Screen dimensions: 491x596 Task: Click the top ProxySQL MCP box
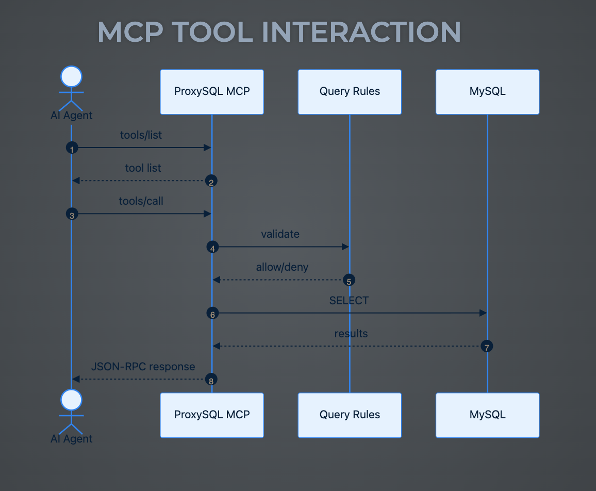(212, 92)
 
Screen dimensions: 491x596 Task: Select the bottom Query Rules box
(350, 415)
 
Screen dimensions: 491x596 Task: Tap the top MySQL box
(487, 92)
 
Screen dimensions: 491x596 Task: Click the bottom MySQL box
(487, 415)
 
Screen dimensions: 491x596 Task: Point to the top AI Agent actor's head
(71, 77)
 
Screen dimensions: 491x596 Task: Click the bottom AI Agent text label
(71, 439)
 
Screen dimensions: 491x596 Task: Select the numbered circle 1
(71, 148)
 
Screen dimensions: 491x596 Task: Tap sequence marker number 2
(211, 181)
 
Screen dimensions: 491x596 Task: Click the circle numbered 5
(349, 280)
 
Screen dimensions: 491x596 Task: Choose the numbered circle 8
(211, 380)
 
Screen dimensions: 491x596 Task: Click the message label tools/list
(141, 135)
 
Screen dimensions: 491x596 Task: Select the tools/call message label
(141, 201)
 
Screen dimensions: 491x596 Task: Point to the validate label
(280, 234)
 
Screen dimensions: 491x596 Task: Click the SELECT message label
(349, 300)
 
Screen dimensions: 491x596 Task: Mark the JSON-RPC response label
(143, 367)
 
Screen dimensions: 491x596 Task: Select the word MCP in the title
(131, 32)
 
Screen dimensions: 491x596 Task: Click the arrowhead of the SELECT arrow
(483, 313)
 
